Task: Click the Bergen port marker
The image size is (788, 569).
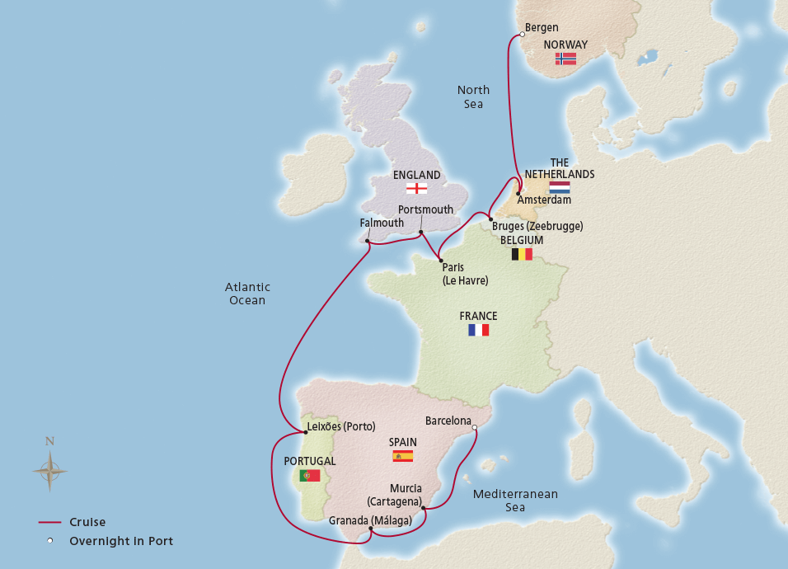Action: pyautogui.click(x=522, y=35)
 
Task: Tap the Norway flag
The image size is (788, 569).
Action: pyautogui.click(x=565, y=59)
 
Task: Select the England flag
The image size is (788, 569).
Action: pyautogui.click(x=416, y=188)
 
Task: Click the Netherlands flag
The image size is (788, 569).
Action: pyautogui.click(x=560, y=187)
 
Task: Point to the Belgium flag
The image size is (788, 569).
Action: pyautogui.click(x=522, y=254)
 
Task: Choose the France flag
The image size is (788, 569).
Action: pyautogui.click(x=478, y=330)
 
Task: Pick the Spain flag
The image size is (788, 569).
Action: pyautogui.click(x=403, y=456)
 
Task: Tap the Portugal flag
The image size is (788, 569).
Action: pyautogui.click(x=310, y=475)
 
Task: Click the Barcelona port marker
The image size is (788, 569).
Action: pyautogui.click(x=474, y=427)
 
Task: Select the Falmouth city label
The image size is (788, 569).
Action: pyautogui.click(x=382, y=223)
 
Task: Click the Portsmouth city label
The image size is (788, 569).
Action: pyautogui.click(x=425, y=209)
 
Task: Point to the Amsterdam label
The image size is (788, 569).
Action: pyautogui.click(x=544, y=200)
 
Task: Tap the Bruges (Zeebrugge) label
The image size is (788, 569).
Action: pyautogui.click(x=537, y=225)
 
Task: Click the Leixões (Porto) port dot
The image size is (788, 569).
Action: pyautogui.click(x=305, y=431)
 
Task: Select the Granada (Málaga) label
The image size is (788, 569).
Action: pyautogui.click(x=369, y=520)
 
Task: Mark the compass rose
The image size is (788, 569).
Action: pyautogui.click(x=49, y=472)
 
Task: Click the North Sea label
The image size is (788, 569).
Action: pyautogui.click(x=473, y=96)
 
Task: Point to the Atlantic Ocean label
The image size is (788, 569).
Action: pyautogui.click(x=247, y=294)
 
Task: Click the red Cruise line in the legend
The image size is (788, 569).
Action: pyautogui.click(x=49, y=522)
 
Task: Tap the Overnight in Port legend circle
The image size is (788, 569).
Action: pyautogui.click(x=49, y=541)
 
